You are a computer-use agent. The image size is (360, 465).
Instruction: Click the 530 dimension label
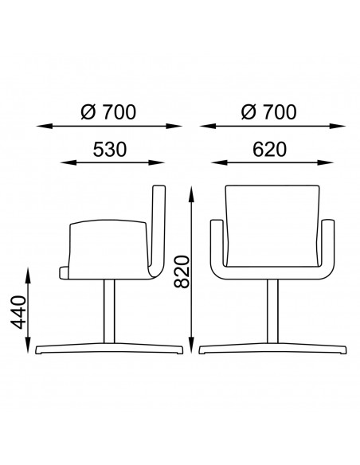(x=110, y=150)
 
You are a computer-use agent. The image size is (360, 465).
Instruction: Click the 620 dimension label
(x=269, y=150)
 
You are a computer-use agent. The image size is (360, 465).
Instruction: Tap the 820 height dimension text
(x=182, y=272)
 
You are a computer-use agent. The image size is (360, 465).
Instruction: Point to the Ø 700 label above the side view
(x=108, y=112)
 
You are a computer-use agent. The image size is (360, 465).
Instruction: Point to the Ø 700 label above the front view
(x=269, y=112)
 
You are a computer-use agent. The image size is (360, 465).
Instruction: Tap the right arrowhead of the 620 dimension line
(x=325, y=162)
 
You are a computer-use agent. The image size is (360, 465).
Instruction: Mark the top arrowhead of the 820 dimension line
(x=192, y=193)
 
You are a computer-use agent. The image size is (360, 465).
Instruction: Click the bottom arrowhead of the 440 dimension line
(x=29, y=345)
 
